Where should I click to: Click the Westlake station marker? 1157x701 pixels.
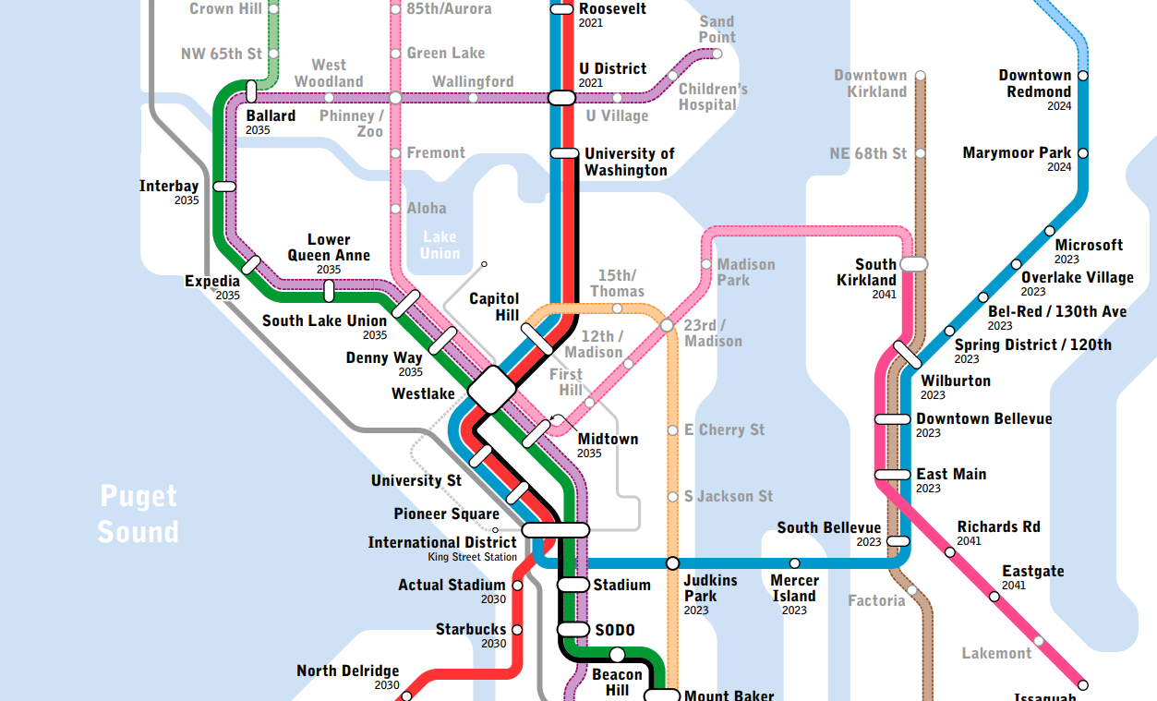pos(491,390)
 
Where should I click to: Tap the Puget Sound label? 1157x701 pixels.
pos(139,514)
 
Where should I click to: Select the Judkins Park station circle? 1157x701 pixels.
pos(672,562)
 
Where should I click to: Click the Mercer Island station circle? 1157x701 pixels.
pos(794,562)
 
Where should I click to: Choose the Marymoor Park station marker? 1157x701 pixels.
pos(1083,153)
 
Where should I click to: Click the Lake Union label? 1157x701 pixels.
pos(440,245)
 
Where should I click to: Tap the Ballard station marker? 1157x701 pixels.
pos(251,91)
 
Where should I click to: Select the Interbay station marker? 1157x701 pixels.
pos(224,186)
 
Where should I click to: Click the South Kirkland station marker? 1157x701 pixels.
pos(913,264)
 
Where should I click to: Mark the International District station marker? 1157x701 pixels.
pos(555,529)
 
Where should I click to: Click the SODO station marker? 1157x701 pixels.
pos(573,630)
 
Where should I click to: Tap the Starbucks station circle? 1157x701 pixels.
pos(516,630)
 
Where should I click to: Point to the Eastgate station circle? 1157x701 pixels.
pos(994,597)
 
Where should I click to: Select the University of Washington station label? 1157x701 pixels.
pos(629,162)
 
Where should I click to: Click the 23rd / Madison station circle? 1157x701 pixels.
pos(667,325)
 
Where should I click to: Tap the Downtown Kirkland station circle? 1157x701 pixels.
pos(920,76)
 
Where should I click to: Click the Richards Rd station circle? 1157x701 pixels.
pos(950,552)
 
